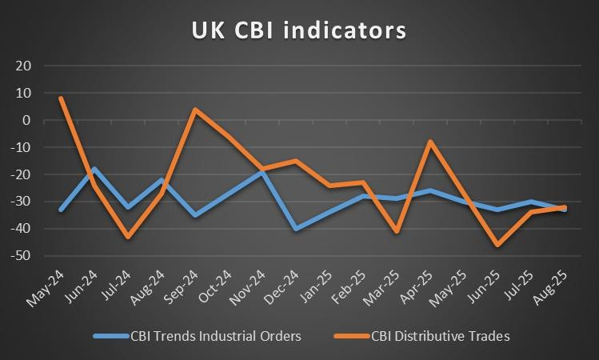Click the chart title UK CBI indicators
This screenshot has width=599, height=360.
click(x=299, y=30)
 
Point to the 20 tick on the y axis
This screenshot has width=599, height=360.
click(x=23, y=66)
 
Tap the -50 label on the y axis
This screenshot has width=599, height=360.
click(x=21, y=255)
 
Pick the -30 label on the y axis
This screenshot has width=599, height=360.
click(x=21, y=201)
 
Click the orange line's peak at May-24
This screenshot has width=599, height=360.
click(x=61, y=98)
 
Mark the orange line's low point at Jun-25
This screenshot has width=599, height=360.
click(x=497, y=245)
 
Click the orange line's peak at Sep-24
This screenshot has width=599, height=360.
click(x=195, y=110)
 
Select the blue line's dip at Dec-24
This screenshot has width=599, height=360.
click(x=296, y=229)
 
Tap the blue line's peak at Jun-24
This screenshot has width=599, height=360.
click(x=94, y=169)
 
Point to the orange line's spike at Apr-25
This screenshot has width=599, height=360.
click(x=430, y=142)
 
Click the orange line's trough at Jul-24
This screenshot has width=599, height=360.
click(x=128, y=237)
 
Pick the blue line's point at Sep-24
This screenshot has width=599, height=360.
click(x=195, y=215)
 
